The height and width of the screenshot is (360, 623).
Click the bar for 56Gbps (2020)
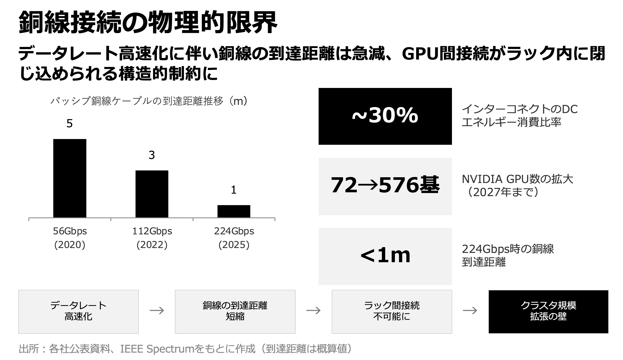point(70,178)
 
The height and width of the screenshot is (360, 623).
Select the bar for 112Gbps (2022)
point(152,194)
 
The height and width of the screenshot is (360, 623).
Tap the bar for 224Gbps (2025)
point(234,211)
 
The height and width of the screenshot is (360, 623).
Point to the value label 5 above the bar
point(70,124)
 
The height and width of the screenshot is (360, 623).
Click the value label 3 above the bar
point(152,155)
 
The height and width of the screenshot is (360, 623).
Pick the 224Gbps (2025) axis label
point(234,238)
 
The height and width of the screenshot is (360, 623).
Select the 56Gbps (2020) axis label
point(70,238)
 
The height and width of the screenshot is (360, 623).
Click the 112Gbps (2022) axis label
point(152,238)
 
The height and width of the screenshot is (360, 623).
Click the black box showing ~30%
point(385,116)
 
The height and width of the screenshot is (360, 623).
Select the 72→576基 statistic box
point(385,186)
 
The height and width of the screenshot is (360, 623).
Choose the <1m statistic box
point(385,256)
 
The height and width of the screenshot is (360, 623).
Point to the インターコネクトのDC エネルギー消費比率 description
point(519,116)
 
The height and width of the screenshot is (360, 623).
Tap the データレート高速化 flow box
point(78,311)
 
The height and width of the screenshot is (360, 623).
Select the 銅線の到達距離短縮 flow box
point(235,311)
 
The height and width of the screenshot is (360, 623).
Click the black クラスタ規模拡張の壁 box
point(548,311)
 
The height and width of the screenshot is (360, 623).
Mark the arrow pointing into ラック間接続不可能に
point(313,311)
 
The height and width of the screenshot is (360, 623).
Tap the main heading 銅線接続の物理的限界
point(148,23)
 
